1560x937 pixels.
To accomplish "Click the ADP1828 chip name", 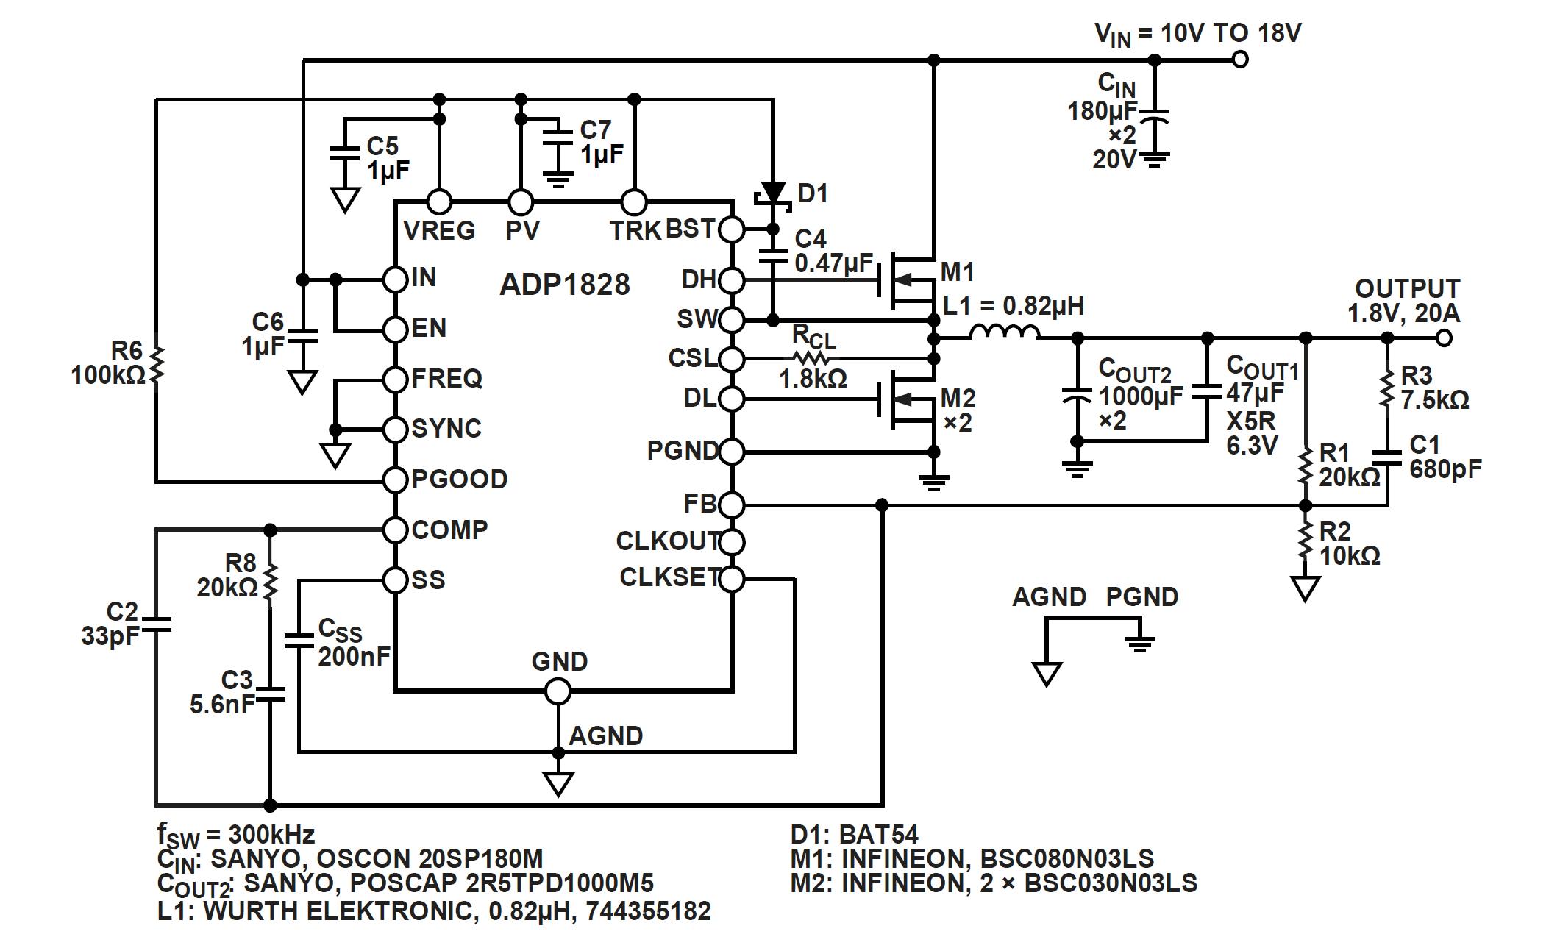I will (x=564, y=285).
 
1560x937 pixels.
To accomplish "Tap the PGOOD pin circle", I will (x=396, y=480).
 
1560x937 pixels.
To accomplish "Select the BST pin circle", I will (x=731, y=229).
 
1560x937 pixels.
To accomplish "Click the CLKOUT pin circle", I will (x=731, y=542).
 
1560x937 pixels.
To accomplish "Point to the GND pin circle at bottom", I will (x=558, y=691).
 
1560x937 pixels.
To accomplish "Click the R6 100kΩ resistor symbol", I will (x=157, y=366).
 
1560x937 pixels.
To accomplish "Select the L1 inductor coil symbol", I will (x=1005, y=333).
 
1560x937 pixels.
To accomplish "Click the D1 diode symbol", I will (x=772, y=194).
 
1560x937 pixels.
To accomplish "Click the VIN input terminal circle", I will (x=1240, y=60).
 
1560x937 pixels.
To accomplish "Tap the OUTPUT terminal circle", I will (x=1444, y=338).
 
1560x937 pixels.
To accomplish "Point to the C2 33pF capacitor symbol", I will (x=156, y=624).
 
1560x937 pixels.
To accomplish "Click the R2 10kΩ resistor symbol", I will (x=1306, y=542).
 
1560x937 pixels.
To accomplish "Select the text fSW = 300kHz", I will (x=235, y=834).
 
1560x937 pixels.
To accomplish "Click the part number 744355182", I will (x=650, y=911).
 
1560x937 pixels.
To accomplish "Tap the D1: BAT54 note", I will (x=854, y=834).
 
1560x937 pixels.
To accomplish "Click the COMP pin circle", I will (x=396, y=530).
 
